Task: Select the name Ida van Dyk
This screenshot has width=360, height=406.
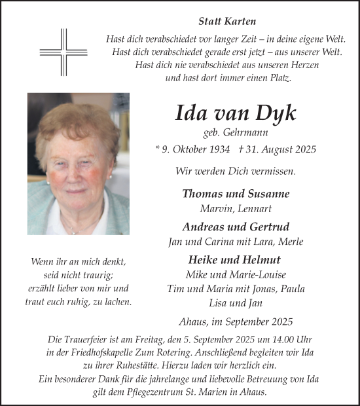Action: coord(236,113)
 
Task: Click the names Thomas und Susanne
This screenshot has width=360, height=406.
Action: coord(236,194)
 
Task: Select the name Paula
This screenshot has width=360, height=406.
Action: coord(291,289)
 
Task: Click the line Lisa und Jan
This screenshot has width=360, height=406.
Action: coord(236,303)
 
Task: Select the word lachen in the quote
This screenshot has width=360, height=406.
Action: coord(117,303)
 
